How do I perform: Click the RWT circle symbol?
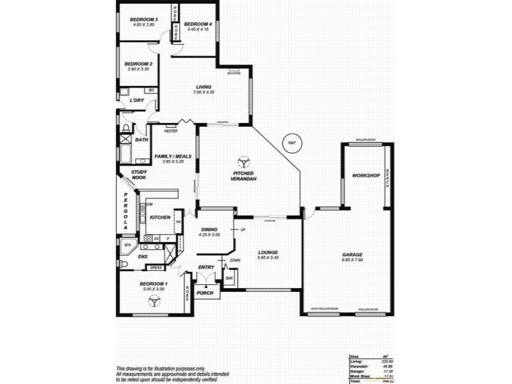[x=292, y=143]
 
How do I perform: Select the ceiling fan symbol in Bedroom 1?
[x=154, y=299]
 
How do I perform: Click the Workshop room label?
[x=366, y=175]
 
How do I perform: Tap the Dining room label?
[x=210, y=230]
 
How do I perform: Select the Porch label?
[x=205, y=292]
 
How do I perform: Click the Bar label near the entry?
[x=229, y=278]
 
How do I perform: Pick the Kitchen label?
[x=160, y=218]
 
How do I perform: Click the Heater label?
[x=171, y=131]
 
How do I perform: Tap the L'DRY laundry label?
[x=136, y=100]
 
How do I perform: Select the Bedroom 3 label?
[x=144, y=20]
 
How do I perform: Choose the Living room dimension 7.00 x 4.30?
[x=204, y=93]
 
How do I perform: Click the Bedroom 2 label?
[x=138, y=64]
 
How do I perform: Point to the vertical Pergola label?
[x=126, y=211]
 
